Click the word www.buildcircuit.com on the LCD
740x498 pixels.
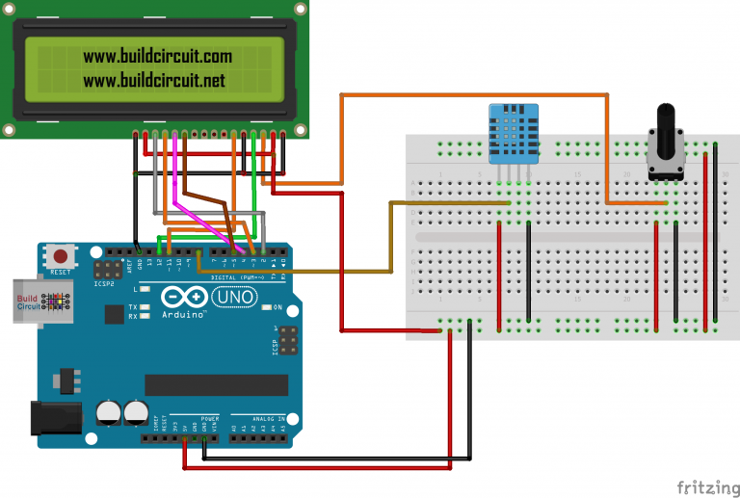tap(157, 58)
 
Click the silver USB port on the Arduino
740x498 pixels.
tap(27, 301)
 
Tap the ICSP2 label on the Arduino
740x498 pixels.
tap(103, 285)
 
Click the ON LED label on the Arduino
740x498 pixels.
tap(277, 307)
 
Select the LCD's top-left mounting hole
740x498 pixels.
tap(9, 9)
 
